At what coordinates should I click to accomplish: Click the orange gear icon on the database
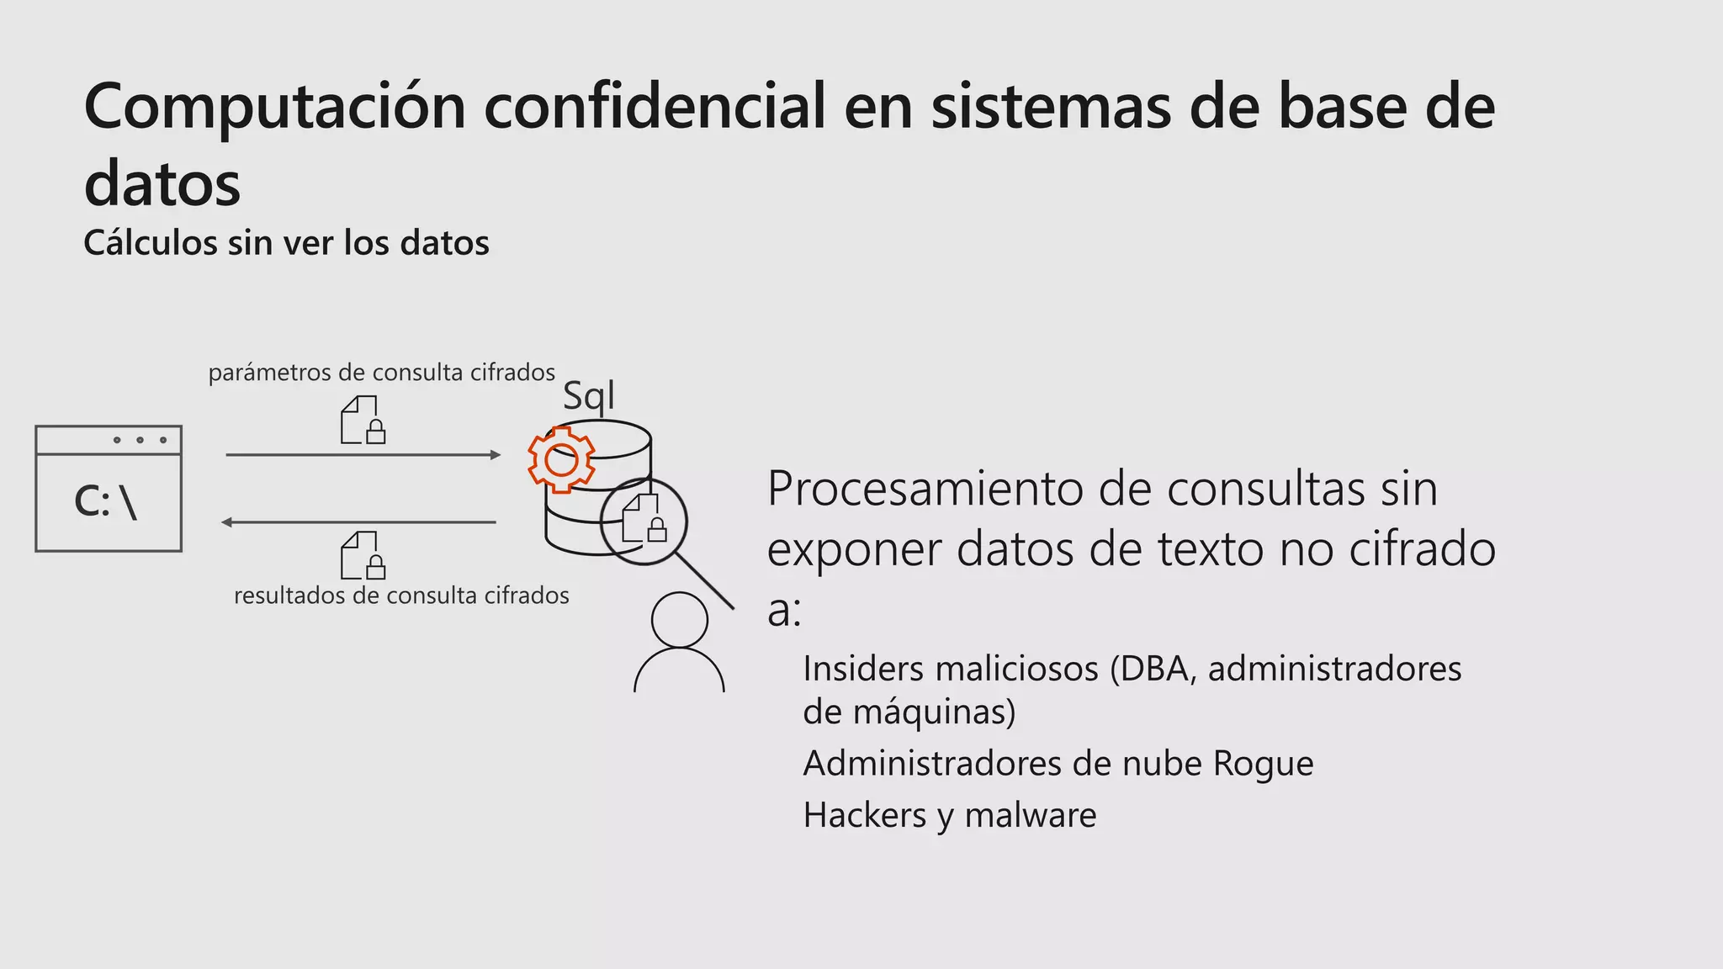pos(561,459)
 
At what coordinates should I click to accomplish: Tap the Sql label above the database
pos(589,395)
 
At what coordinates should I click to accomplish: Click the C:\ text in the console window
pos(106,502)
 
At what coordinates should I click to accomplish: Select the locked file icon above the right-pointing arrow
pos(363,420)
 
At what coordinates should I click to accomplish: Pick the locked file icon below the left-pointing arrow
pos(363,555)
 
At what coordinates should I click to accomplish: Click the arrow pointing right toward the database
pos(363,455)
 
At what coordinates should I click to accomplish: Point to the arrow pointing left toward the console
pos(358,522)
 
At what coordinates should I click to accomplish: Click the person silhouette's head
pos(680,620)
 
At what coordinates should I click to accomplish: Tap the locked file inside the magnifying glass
pos(644,519)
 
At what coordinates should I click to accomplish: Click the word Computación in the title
pos(275,107)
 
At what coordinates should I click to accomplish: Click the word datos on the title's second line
pos(162,183)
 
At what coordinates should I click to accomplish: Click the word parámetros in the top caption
pos(269,373)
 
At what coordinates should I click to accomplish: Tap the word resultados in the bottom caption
pos(289,596)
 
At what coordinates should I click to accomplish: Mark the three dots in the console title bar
pos(140,440)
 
